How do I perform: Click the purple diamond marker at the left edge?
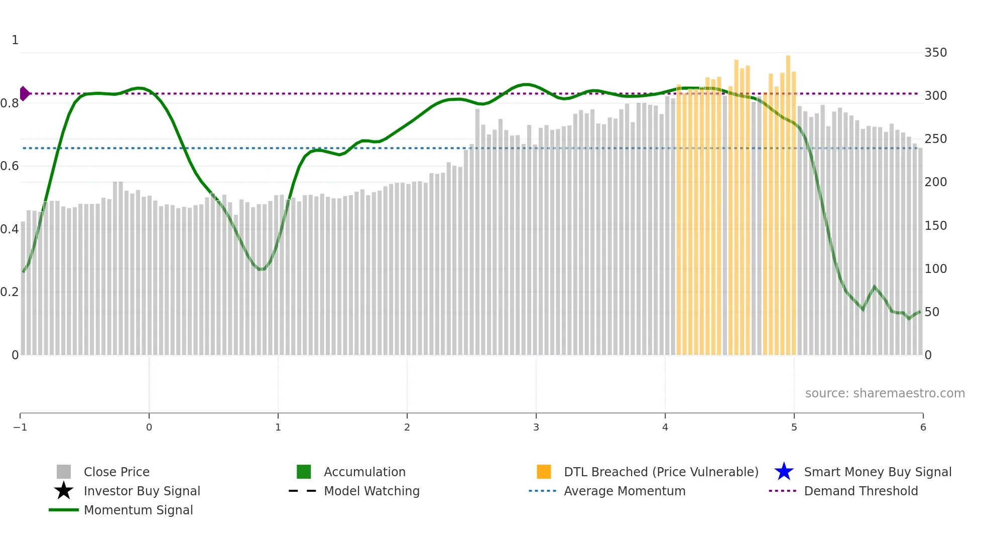point(24,93)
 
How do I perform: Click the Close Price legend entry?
point(116,472)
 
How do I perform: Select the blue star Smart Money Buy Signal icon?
point(784,472)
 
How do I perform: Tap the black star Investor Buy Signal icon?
point(64,491)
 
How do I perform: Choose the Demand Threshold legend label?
point(860,491)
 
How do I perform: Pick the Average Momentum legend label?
point(624,491)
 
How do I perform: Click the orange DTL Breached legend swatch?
point(544,472)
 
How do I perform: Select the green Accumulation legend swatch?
point(304,472)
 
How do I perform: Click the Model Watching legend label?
point(372,491)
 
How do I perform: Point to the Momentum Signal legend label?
point(138,510)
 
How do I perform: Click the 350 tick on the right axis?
point(935,53)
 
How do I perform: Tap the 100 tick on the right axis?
point(935,269)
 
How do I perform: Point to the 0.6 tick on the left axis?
point(9,166)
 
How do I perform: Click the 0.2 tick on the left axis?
point(9,292)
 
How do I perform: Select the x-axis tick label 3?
point(536,427)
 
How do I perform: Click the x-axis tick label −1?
point(20,427)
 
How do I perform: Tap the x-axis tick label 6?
point(923,427)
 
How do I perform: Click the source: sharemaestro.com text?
point(885,393)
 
